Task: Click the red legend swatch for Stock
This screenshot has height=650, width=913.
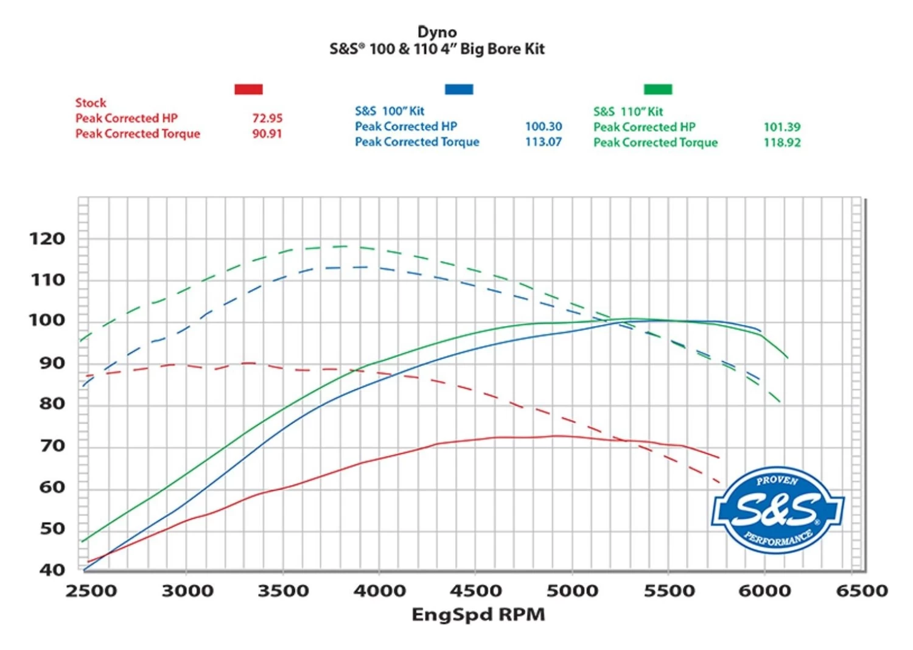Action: tap(248, 89)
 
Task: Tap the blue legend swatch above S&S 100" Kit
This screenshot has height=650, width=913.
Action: tap(459, 89)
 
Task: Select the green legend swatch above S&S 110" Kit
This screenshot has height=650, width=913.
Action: tap(658, 89)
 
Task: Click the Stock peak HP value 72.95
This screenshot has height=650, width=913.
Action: tap(267, 118)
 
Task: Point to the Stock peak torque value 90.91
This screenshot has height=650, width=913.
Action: tap(267, 134)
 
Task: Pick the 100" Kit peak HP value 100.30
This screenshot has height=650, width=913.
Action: tap(544, 127)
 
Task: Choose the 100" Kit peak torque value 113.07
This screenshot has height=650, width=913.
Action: tap(544, 142)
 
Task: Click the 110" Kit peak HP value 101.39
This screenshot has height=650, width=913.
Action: tap(782, 127)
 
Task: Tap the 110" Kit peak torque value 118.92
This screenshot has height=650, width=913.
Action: tap(782, 142)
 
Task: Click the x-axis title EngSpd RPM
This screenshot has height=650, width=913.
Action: tap(478, 615)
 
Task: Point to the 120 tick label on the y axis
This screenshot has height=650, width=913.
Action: tap(47, 239)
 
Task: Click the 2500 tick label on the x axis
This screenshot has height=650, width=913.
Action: tap(91, 591)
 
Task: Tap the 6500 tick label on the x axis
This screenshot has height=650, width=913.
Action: tap(862, 591)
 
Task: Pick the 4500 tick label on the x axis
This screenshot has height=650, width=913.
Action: tap(476, 591)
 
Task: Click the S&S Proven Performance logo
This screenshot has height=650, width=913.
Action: tap(777, 509)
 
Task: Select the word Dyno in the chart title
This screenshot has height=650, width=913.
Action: tap(437, 32)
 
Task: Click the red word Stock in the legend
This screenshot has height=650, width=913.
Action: tap(91, 103)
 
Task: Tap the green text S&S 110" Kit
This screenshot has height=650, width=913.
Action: tap(628, 111)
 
